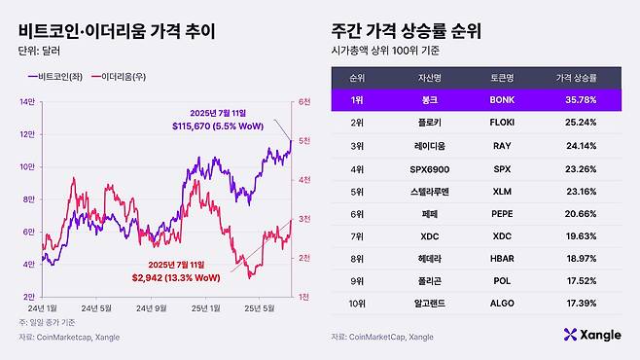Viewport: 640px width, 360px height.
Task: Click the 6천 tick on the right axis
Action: point(304,101)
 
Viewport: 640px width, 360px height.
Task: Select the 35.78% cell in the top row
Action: point(576,99)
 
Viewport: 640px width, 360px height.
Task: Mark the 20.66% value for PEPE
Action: point(576,214)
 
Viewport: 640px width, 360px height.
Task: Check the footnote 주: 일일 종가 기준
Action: point(48,322)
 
